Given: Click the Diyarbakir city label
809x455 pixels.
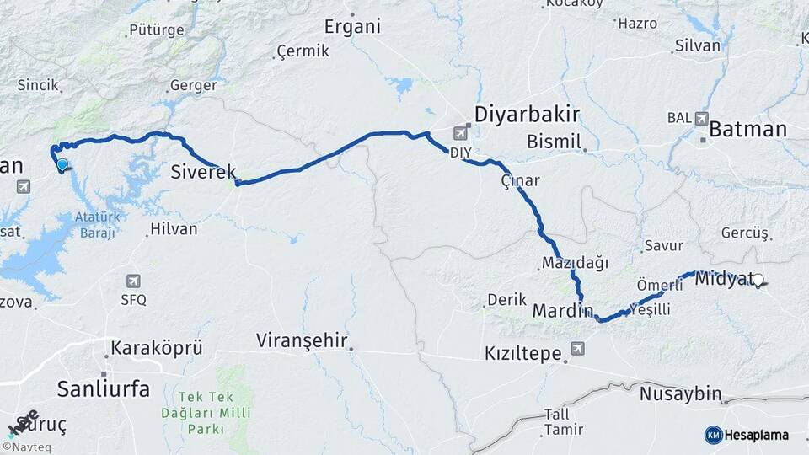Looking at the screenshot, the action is pyautogui.click(x=528, y=115).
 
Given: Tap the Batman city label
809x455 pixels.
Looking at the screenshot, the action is pyautogui.click(x=747, y=130).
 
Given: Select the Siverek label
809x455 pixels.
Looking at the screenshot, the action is pyautogui.click(x=203, y=172).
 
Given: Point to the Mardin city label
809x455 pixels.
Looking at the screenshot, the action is pyautogui.click(x=563, y=311).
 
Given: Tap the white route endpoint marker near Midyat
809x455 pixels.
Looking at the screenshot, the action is pyautogui.click(x=758, y=281).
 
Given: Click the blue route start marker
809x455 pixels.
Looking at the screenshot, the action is pyautogui.click(x=62, y=165).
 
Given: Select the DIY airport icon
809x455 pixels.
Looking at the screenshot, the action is pyautogui.click(x=461, y=133).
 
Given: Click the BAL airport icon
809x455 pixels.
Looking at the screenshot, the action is pyautogui.click(x=701, y=118).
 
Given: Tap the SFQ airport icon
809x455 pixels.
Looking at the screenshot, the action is pyautogui.click(x=133, y=281).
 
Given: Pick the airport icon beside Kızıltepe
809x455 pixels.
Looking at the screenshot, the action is pyautogui.click(x=577, y=348).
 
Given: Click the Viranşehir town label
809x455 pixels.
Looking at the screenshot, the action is pyautogui.click(x=302, y=340).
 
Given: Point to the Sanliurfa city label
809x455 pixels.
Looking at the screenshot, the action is pyautogui.click(x=103, y=388).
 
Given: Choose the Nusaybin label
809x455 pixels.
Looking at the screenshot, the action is pyautogui.click(x=680, y=393).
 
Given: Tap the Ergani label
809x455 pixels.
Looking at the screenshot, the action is pyautogui.click(x=352, y=26).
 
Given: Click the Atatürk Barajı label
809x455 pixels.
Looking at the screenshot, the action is pyautogui.click(x=98, y=225).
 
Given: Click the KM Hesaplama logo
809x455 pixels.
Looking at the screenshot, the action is pyautogui.click(x=747, y=435).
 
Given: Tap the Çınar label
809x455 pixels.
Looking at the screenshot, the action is pyautogui.click(x=520, y=180).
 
